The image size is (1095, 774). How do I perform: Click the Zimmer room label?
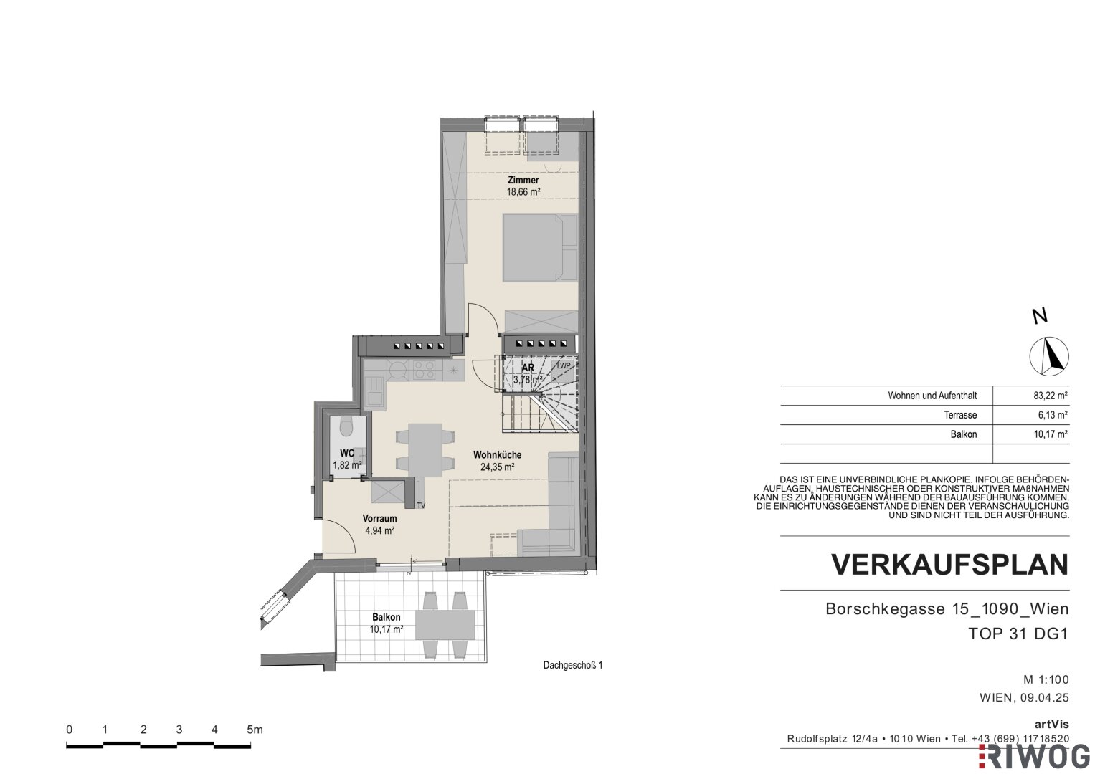(523, 181)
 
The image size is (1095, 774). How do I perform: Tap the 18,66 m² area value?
(523, 192)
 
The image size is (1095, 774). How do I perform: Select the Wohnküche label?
(497, 455)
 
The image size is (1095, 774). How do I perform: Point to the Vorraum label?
(379, 518)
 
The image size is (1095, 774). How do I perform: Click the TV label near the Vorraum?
(421, 506)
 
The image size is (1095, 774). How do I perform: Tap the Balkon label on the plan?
(387, 617)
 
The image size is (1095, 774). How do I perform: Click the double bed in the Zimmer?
(540, 248)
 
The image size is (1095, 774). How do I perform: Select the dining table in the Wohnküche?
(425, 450)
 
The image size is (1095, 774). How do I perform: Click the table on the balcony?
(445, 624)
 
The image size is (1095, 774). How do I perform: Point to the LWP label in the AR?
(564, 366)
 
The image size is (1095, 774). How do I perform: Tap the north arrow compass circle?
(1049, 357)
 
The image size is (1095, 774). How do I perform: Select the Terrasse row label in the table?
(960, 416)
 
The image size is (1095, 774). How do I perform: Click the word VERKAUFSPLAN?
(950, 565)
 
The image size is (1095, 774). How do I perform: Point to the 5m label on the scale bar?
(255, 730)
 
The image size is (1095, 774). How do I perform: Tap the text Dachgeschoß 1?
(573, 666)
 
